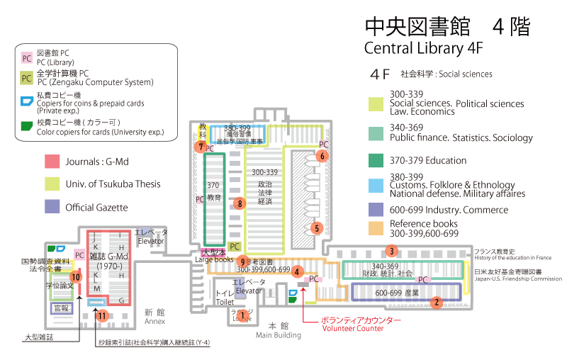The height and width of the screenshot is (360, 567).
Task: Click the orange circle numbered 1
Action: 242,315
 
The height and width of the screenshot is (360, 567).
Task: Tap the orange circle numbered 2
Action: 437,302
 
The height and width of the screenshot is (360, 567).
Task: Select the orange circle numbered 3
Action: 391,250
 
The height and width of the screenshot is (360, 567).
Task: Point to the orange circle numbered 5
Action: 317,228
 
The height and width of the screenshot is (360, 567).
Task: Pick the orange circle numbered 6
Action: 322,156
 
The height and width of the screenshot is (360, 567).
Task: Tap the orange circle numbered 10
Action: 75,276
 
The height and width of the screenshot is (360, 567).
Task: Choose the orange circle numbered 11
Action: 103,315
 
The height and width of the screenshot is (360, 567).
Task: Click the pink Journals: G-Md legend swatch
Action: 52,161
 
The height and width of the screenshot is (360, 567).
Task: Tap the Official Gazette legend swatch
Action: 52,208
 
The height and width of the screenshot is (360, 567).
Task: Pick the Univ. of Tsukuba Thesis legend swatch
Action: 52,184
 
